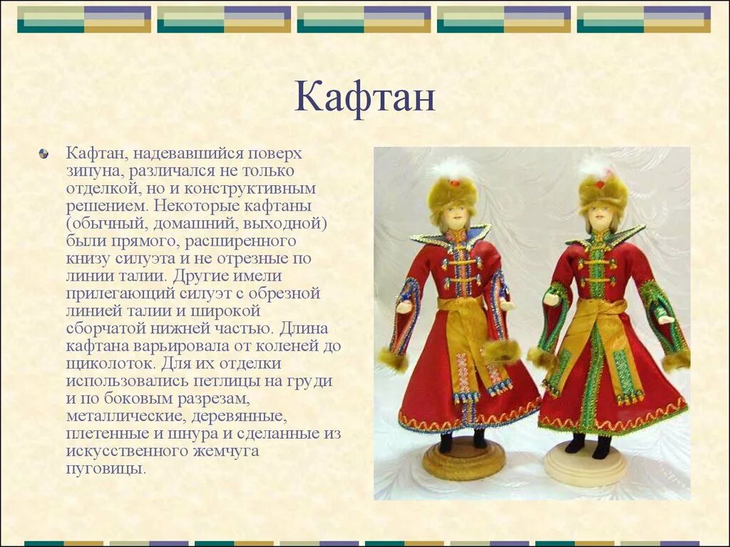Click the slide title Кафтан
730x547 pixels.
(364, 98)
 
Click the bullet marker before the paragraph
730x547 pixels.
(44, 154)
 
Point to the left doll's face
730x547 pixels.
(453, 214)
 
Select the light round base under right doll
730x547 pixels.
(585, 464)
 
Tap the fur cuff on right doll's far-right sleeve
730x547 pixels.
(674, 360)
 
